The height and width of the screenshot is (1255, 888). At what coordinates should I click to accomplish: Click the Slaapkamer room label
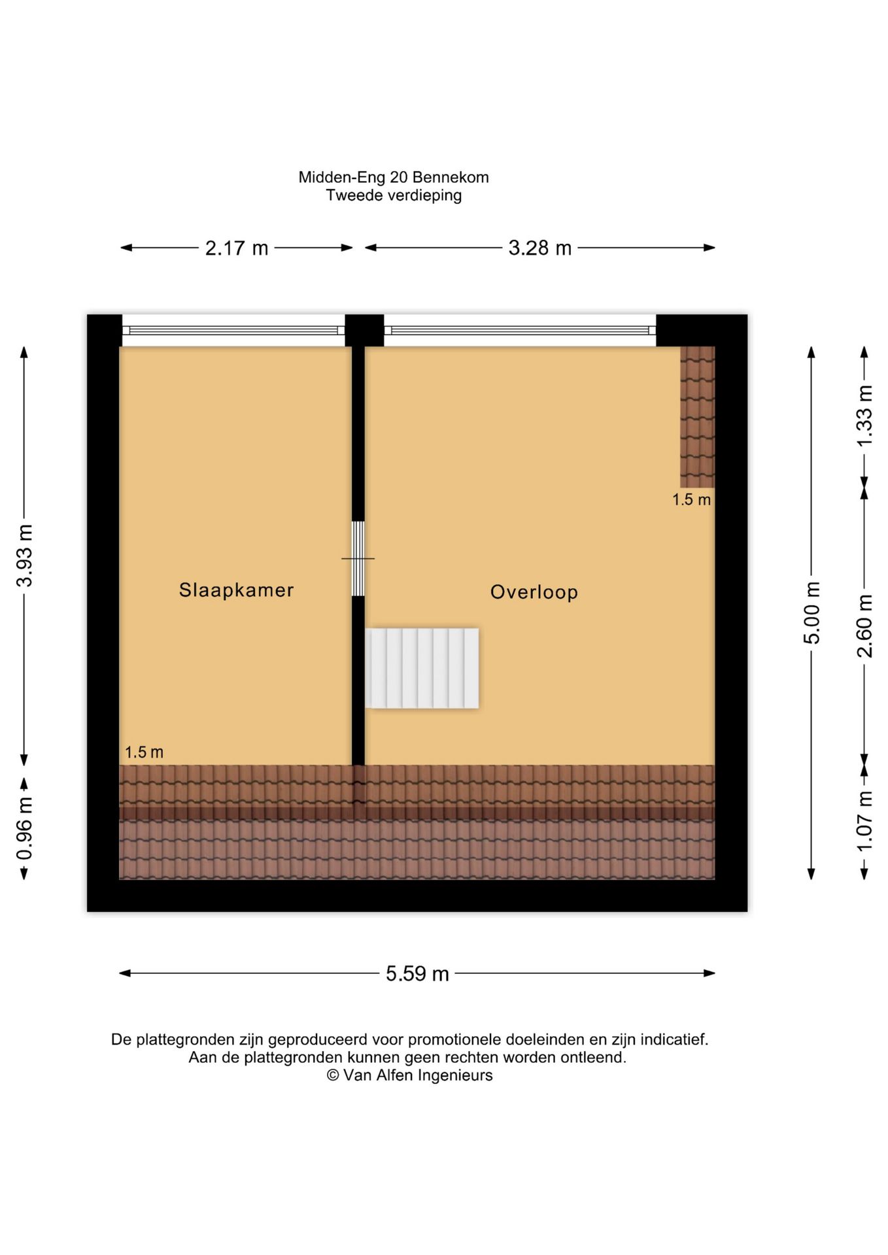point(236,590)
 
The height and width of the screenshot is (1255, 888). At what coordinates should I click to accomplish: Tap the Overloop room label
point(534,592)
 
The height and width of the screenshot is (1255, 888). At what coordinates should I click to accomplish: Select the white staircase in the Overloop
point(422,668)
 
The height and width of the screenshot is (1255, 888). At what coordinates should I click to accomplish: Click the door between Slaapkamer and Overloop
point(358,559)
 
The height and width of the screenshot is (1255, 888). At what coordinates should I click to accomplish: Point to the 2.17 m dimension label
point(237,248)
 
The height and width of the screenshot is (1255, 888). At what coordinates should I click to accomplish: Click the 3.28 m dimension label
point(540,248)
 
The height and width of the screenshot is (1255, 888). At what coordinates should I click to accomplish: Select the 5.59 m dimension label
point(417,974)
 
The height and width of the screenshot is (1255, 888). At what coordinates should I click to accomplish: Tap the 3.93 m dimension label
point(25,556)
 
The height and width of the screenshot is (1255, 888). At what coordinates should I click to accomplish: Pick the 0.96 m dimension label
point(25,828)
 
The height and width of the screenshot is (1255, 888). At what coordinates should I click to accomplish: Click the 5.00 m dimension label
point(811,612)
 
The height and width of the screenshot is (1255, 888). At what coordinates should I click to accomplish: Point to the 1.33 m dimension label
point(864,416)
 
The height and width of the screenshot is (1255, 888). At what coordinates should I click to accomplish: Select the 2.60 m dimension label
point(864,626)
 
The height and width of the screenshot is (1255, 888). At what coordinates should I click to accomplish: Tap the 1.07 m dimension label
point(864,821)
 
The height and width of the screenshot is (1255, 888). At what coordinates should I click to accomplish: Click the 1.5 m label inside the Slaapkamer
point(144,752)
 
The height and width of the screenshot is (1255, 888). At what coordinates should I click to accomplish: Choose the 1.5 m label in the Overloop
point(691,500)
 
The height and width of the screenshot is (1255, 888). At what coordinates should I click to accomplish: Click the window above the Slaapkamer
point(233,331)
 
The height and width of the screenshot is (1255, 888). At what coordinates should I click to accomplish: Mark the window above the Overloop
point(520,331)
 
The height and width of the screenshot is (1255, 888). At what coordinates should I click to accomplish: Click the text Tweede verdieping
point(394,195)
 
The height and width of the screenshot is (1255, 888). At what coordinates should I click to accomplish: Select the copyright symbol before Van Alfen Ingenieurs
point(333,1075)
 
